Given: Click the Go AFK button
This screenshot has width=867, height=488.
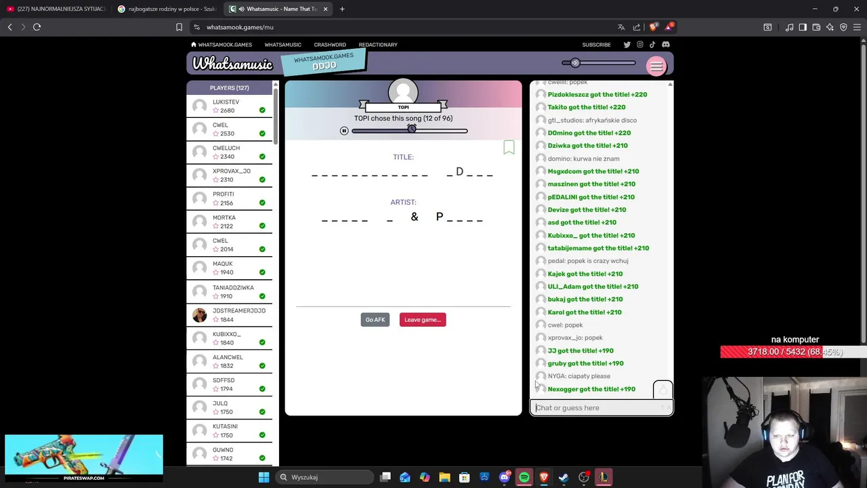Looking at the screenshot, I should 375,320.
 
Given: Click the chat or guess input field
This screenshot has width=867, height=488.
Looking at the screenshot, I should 596,408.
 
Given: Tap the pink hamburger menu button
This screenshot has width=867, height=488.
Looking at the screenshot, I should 656,66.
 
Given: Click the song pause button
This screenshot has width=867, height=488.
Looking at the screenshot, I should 344,131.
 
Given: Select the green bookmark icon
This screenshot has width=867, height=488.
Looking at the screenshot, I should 509,148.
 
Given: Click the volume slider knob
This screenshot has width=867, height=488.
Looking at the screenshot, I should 575,63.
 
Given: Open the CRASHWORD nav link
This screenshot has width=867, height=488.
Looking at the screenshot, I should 330,45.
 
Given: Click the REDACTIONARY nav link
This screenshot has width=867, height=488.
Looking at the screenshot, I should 378,45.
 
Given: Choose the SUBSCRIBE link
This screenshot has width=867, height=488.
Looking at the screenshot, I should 596,45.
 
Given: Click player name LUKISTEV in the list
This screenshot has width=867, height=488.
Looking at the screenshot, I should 226,102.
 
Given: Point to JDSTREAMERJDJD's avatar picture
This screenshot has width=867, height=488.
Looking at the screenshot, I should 199,315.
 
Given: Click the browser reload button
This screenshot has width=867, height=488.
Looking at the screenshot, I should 37,27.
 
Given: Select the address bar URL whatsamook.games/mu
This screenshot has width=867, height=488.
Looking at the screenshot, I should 240,27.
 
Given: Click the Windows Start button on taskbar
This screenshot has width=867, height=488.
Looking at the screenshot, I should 263,477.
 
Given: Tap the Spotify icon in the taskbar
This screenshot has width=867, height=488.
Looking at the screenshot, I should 524,477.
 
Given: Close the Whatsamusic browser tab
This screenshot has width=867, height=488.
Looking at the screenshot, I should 326,9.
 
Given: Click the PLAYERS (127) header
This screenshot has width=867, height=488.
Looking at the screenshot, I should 229,88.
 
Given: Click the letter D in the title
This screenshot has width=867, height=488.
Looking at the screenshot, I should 459,171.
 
